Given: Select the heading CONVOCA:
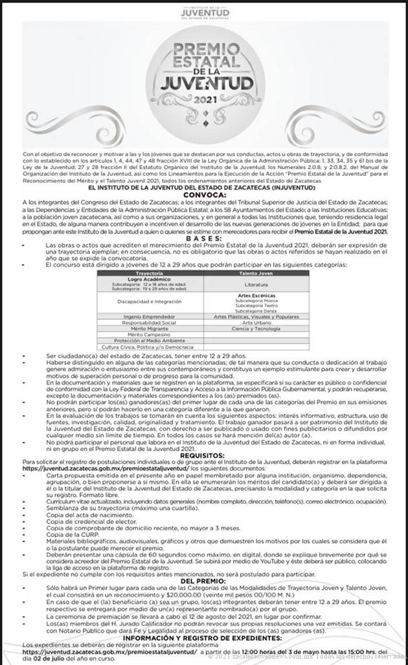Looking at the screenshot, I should [205, 194].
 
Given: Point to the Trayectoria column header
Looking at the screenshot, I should [150, 274].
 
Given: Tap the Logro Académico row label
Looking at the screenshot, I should [150, 279].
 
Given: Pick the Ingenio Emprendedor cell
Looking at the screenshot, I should [150, 316].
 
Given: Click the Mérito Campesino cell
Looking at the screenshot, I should [150, 334].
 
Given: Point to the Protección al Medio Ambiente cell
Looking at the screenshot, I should [150, 340].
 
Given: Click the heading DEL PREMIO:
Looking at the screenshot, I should [205, 581].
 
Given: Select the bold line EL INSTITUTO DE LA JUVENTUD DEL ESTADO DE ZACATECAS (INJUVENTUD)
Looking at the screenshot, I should [205, 188].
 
